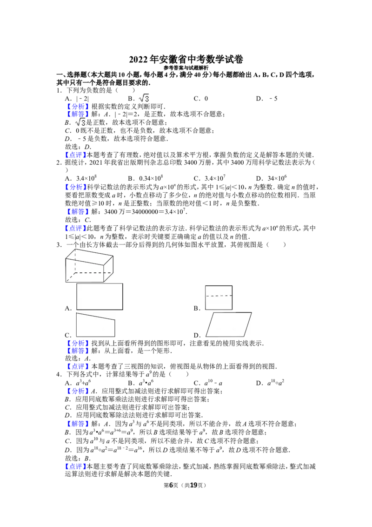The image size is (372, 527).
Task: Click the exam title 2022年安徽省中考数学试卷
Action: coord(186,60)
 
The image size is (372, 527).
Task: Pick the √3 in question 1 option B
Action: coord(144,98)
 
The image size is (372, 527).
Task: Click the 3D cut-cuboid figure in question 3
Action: coord(89,266)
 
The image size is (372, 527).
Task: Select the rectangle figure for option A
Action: coord(100,297)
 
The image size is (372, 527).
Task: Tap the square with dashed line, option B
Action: coord(219,297)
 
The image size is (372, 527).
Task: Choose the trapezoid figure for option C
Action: coord(95,324)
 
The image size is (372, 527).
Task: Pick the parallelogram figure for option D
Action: coord(229,324)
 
